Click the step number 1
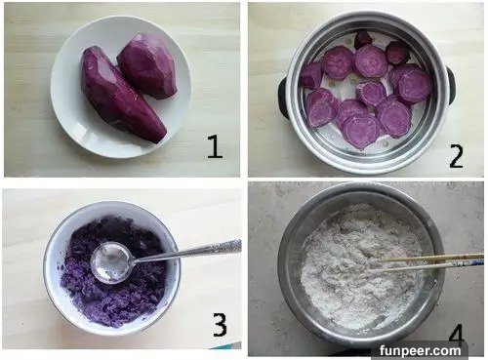[215, 146]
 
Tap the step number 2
[456, 156]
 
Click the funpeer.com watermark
[420, 351]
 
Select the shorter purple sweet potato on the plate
[147, 65]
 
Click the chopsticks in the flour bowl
[427, 262]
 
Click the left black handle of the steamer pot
[284, 98]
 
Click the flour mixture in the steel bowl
[361, 265]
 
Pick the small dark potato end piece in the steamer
[363, 39]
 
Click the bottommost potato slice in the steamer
[360, 132]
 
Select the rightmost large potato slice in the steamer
[415, 85]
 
